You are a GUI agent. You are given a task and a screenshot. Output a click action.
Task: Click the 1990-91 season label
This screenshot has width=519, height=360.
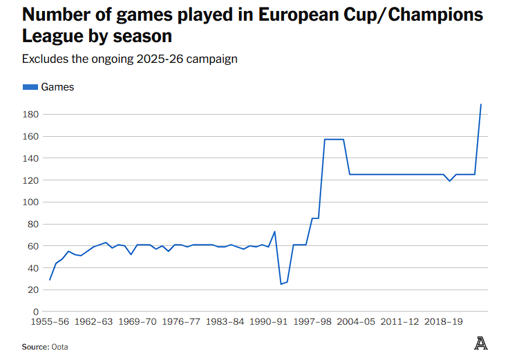click(x=268, y=322)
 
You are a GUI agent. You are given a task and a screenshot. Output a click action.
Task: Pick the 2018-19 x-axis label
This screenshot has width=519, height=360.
click(x=444, y=322)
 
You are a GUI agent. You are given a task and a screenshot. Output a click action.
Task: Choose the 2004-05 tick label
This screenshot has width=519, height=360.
click(x=356, y=322)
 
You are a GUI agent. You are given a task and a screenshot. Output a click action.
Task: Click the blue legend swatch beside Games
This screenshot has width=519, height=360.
click(x=30, y=87)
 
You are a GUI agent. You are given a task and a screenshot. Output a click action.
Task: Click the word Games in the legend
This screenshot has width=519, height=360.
click(x=57, y=87)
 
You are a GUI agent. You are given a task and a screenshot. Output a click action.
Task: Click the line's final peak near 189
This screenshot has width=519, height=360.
click(x=481, y=104)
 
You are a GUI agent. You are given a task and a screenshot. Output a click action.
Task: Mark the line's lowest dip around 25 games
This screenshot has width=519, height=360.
click(x=281, y=284)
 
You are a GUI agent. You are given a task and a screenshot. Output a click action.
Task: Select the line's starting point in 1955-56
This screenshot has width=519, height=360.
click(x=50, y=280)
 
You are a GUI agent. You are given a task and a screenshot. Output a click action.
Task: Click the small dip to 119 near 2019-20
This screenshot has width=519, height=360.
click(x=450, y=181)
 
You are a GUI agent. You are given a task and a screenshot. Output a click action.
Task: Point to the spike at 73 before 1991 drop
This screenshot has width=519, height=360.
click(x=275, y=231)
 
